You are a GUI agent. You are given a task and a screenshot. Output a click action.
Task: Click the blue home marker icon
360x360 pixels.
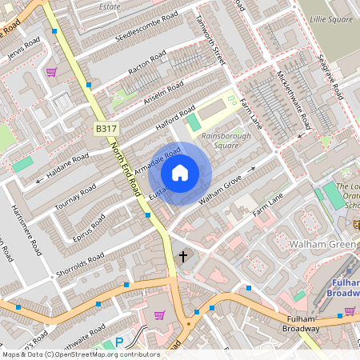(180, 173)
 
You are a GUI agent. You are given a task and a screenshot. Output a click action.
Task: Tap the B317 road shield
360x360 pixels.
(106, 128)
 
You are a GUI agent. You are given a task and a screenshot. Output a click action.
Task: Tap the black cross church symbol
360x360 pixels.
(184, 257)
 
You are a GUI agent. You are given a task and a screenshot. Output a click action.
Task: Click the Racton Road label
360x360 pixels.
(147, 62)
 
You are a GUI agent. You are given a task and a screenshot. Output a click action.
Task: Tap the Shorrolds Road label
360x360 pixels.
(80, 266)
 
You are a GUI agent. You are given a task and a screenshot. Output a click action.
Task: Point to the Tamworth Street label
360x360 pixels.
(210, 40)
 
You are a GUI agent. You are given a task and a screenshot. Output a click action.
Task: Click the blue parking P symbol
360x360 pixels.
(119, 342)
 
